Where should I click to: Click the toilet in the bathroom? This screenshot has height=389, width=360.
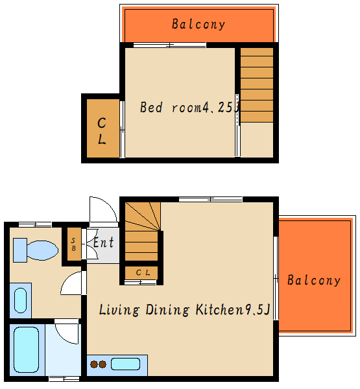tap(36, 250)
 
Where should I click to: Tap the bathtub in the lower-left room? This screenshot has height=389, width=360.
tap(27, 349)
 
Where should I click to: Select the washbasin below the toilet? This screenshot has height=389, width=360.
tap(20, 300)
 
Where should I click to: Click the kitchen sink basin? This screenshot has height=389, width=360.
tap(125, 364)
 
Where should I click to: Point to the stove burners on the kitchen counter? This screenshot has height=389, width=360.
tap(99, 364)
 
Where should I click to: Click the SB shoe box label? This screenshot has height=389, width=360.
tap(73, 244)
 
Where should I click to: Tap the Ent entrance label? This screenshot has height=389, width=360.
tap(104, 242)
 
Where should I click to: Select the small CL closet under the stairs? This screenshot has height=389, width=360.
tap(141, 273)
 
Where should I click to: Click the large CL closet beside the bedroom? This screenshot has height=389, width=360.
tap(102, 128)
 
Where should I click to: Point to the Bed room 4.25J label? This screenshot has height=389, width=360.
tap(189, 107)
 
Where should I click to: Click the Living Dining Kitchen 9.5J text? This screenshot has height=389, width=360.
tap(184, 310)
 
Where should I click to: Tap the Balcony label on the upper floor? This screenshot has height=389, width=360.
tap(198, 25)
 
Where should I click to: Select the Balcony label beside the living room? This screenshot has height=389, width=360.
tap(314, 280)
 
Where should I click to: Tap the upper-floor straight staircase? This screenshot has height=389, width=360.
tap(257, 85)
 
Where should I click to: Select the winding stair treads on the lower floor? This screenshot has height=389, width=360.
tap(142, 217)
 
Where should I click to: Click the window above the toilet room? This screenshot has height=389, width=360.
tap(35, 225)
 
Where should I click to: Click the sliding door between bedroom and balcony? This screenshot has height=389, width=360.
tap(169, 45)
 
